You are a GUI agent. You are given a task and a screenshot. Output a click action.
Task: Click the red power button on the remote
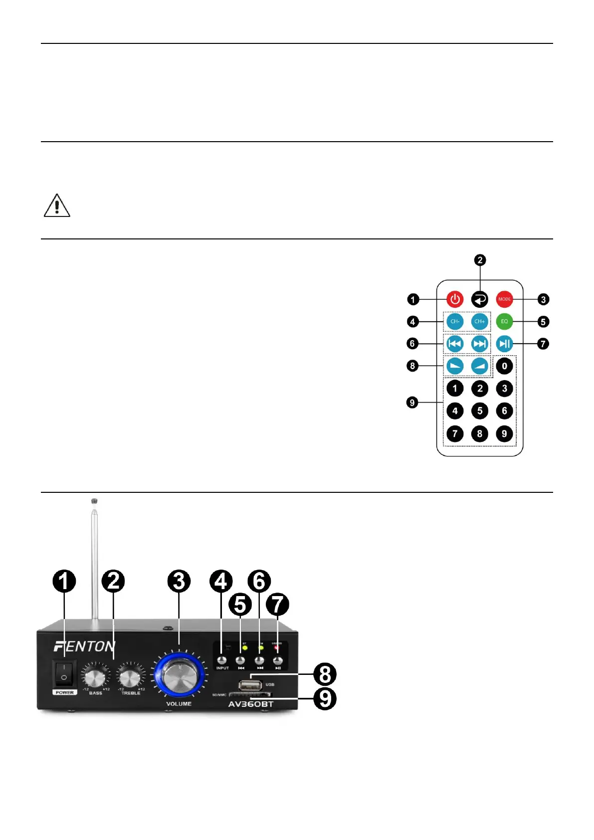(454, 299)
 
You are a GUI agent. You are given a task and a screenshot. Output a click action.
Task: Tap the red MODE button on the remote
(504, 299)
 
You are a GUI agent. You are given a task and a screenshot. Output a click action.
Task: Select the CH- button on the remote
(454, 322)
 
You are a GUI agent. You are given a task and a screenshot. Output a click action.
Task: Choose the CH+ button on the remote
(479, 322)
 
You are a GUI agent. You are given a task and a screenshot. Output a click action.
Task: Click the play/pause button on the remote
(504, 344)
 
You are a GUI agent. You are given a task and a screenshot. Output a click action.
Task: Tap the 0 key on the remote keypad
(504, 366)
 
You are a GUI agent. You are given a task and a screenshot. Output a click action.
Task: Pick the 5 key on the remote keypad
(479, 411)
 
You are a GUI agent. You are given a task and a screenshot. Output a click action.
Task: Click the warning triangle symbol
(57, 206)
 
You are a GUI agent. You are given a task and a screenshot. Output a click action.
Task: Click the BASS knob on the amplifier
(95, 677)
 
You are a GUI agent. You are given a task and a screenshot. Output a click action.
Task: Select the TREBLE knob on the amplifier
(130, 677)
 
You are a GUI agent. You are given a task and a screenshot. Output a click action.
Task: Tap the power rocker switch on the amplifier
(64, 673)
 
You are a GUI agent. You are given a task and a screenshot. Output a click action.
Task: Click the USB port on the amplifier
(250, 684)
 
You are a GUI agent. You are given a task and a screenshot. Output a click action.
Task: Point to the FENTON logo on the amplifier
(84, 646)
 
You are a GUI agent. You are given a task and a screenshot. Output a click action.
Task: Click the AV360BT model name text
(250, 704)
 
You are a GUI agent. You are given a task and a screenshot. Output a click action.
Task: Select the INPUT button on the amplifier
(222, 660)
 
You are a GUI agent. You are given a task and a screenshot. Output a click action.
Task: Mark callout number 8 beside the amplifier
(325, 674)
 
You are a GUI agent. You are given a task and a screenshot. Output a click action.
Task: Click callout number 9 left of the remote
(412, 403)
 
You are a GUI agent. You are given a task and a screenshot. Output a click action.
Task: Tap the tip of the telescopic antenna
(94, 501)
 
